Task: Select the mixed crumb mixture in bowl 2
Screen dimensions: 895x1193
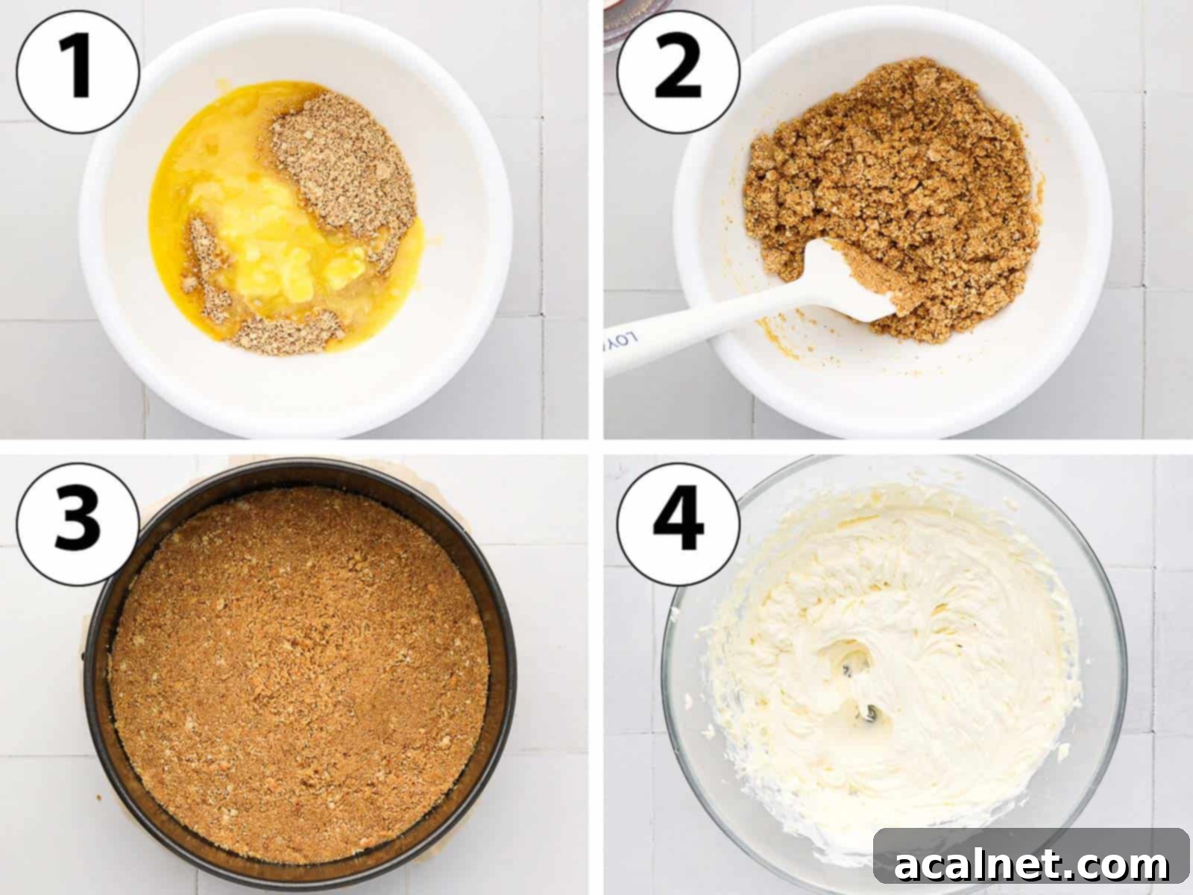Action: coord(895,186)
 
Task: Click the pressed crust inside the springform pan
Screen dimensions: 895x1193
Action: coord(298,671)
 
